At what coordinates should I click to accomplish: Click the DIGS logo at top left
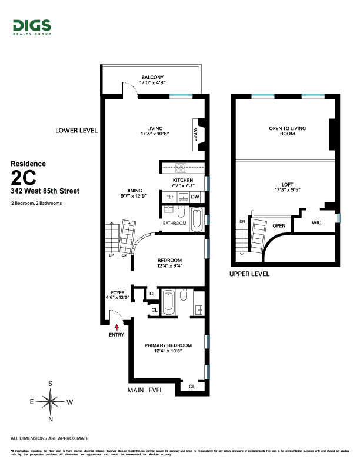(31, 26)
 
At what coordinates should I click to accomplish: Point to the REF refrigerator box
(169, 197)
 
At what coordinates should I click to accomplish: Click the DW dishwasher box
(195, 197)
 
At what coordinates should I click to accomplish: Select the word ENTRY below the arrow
(116, 335)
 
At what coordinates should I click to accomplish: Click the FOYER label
(118, 291)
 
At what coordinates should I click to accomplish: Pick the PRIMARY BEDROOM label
(168, 345)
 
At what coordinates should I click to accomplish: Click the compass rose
(51, 402)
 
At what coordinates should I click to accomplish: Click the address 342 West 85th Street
(45, 191)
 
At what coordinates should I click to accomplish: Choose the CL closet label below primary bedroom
(192, 387)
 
